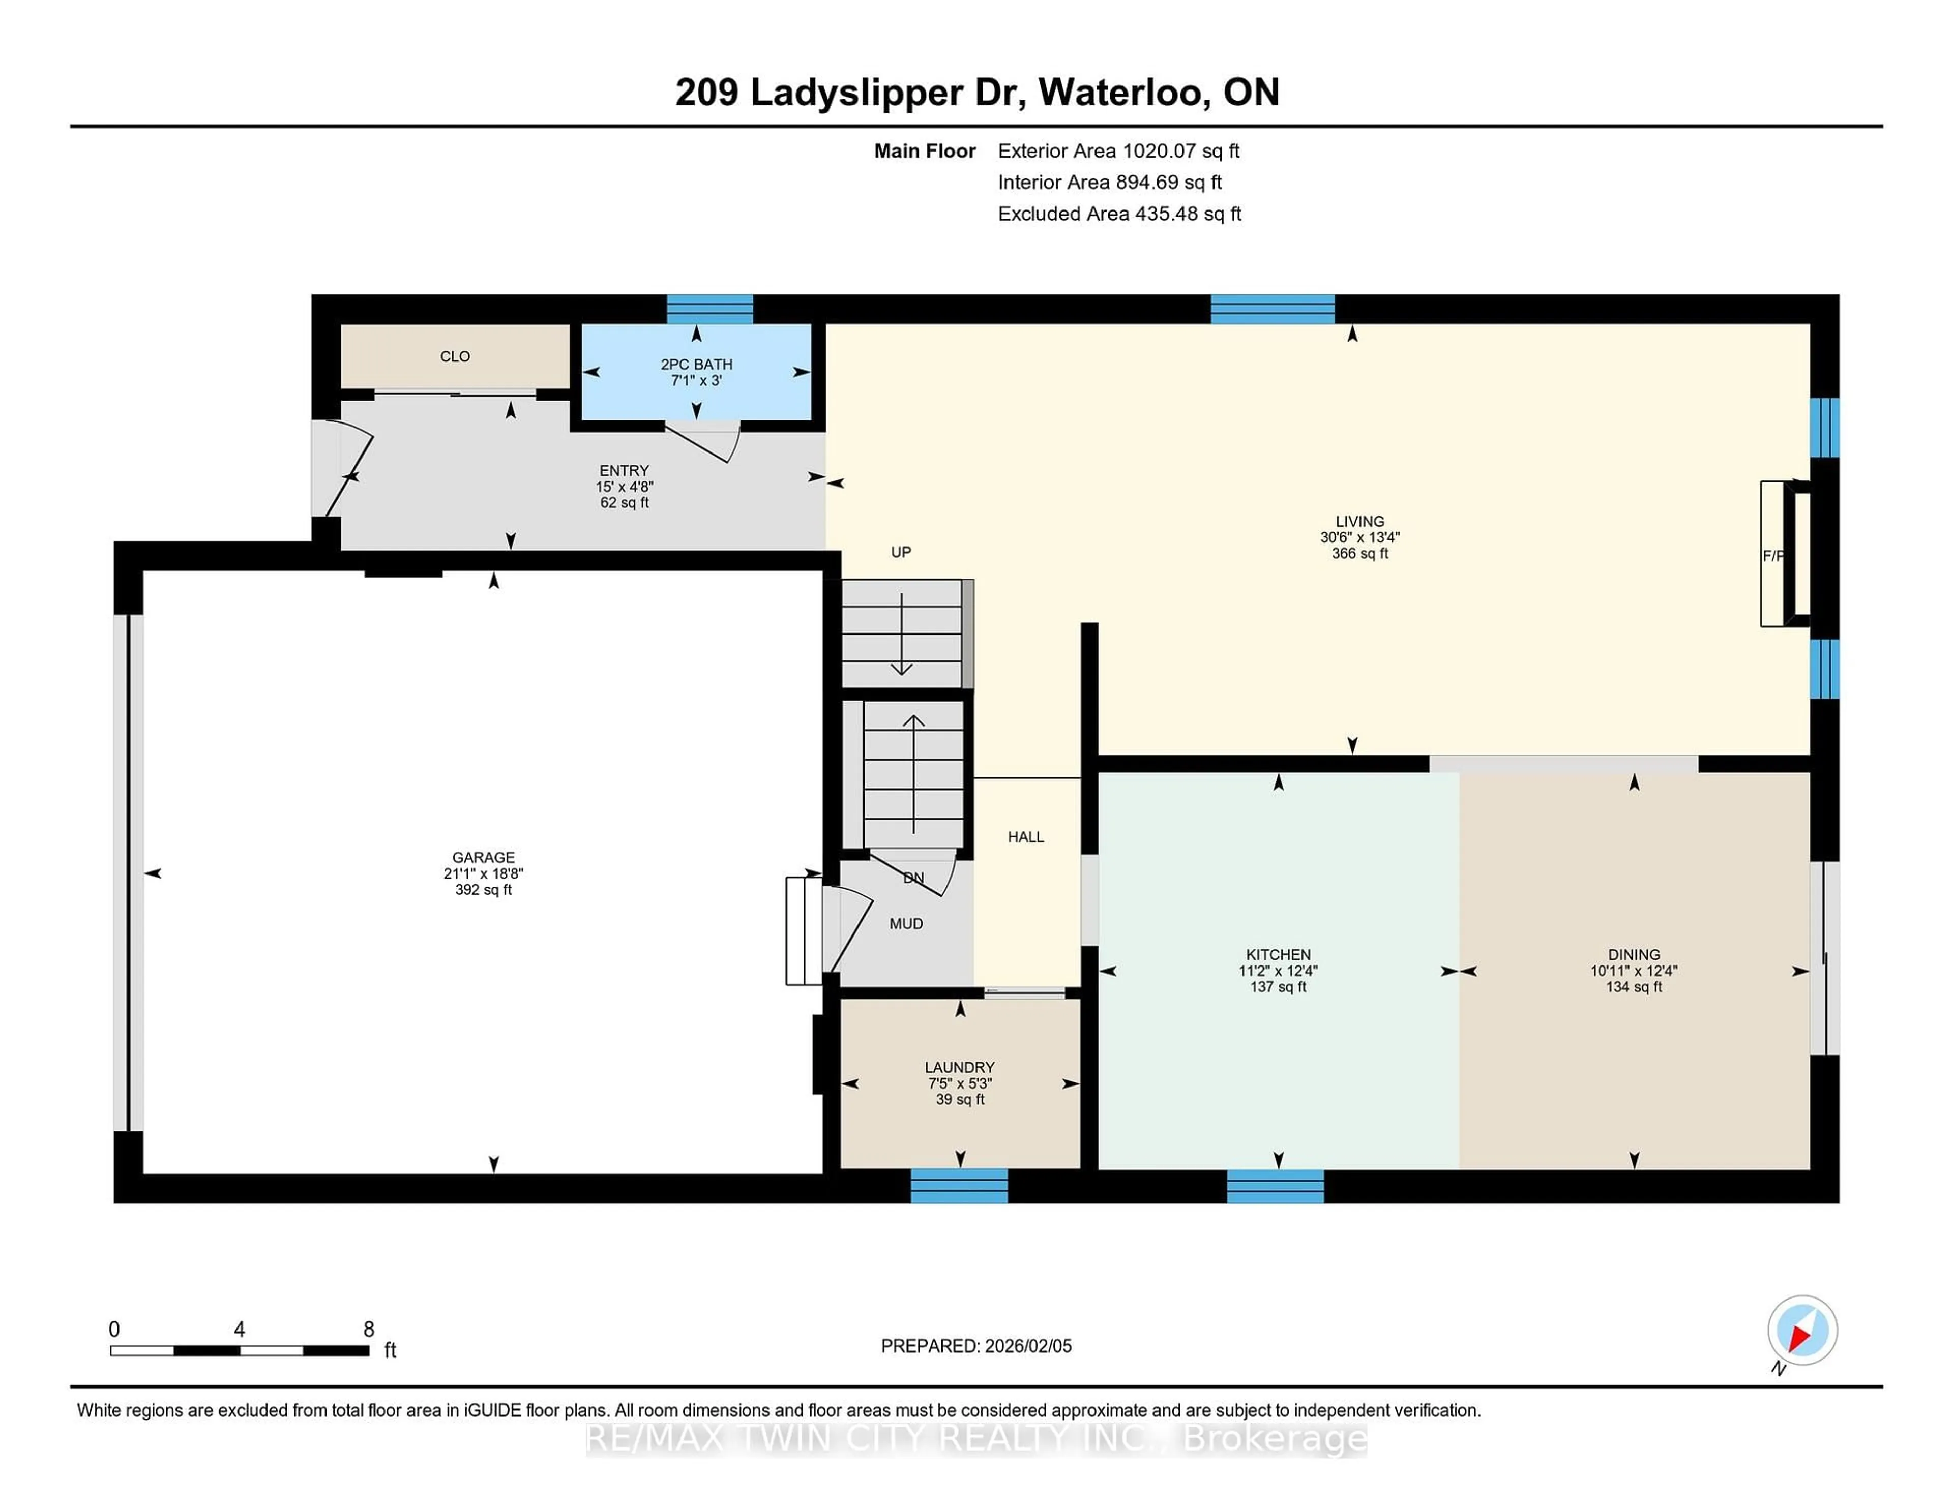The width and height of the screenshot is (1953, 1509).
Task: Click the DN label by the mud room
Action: [x=913, y=878]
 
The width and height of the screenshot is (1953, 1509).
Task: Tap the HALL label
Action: [x=1026, y=837]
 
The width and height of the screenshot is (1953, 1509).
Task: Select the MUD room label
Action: [x=906, y=923]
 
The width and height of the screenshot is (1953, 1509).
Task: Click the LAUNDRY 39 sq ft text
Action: [x=960, y=1100]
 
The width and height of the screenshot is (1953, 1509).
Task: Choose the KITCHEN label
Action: [x=1278, y=955]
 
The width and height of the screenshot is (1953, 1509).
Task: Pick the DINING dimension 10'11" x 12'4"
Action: [x=1633, y=971]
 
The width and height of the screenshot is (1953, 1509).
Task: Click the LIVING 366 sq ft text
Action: [x=1359, y=553]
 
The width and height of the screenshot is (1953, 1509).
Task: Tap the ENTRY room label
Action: [x=624, y=470]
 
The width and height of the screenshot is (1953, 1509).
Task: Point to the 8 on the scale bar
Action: [x=368, y=1330]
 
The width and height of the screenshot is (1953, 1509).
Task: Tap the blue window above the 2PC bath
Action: [x=710, y=309]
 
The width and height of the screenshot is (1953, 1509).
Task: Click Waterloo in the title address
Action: [x=1123, y=92]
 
